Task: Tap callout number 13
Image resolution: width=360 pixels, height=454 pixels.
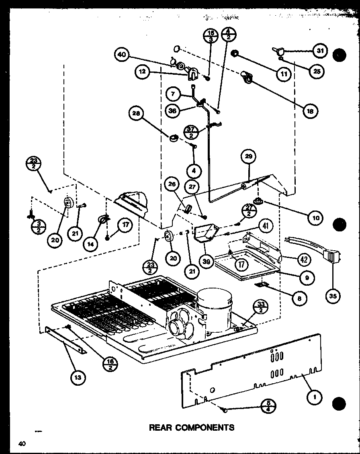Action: (x=78, y=376)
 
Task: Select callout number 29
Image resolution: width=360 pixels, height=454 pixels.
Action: (x=248, y=157)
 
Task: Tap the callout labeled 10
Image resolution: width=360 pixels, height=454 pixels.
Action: (x=316, y=218)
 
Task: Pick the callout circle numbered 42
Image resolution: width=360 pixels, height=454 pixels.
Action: (x=304, y=260)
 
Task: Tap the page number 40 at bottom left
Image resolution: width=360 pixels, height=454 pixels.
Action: (x=22, y=444)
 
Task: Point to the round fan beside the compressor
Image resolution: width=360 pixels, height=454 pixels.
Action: (x=178, y=326)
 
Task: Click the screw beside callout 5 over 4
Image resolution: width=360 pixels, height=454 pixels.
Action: (x=225, y=409)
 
